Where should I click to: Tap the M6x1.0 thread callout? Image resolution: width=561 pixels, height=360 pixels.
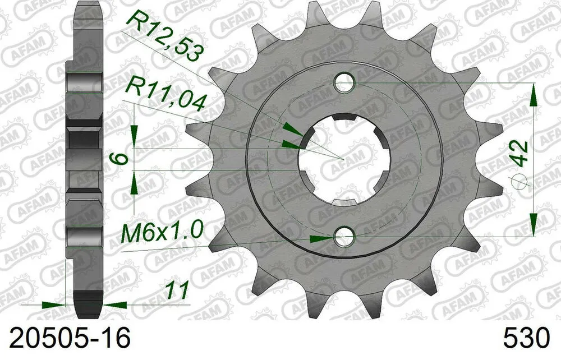tap(162, 230)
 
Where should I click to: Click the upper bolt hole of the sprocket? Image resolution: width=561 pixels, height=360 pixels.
tap(344, 84)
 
